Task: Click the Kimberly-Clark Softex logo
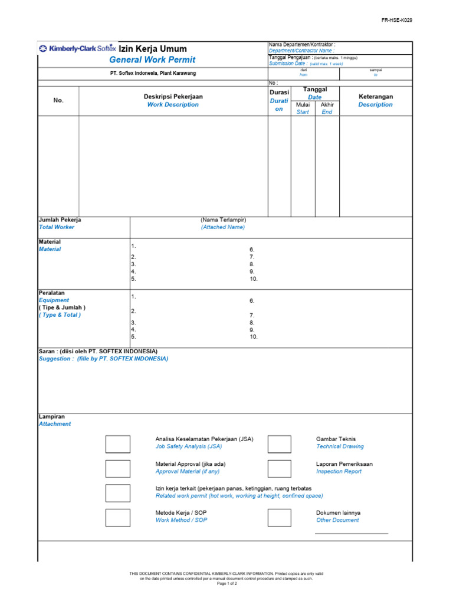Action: pos(77,49)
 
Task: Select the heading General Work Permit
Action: pos(152,60)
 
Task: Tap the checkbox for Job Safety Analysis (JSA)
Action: pos(118,444)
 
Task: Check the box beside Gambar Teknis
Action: pos(279,444)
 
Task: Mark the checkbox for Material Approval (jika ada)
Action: pos(118,469)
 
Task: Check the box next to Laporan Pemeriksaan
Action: pos(279,469)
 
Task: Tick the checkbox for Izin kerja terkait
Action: pos(118,493)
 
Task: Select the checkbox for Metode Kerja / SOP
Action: pos(118,518)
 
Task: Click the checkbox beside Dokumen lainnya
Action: pos(279,518)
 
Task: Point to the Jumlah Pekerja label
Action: pos(60,220)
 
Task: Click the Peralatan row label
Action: pos(52,293)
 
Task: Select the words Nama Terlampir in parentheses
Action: pos(223,220)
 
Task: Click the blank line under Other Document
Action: pos(352,533)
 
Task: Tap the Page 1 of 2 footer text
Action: pos(226,583)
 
